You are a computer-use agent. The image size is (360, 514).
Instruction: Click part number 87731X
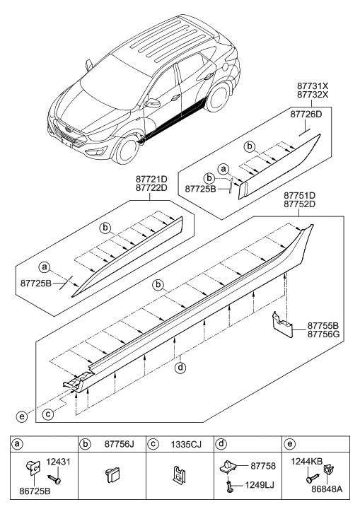(x=313, y=86)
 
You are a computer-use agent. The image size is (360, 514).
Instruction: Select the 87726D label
(x=306, y=115)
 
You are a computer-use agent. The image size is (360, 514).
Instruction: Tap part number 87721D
(x=151, y=180)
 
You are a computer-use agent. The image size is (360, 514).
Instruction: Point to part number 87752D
(x=299, y=204)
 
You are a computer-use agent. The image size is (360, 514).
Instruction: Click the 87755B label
(x=323, y=326)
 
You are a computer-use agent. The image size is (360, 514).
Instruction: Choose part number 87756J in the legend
(x=120, y=444)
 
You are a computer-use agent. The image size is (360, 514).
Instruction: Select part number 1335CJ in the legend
(x=186, y=444)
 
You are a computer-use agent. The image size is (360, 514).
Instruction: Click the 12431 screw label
(x=59, y=462)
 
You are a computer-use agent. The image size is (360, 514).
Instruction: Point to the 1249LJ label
(x=260, y=485)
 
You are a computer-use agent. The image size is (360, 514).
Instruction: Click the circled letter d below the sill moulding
(x=180, y=368)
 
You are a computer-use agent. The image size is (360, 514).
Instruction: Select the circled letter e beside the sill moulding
(x=21, y=417)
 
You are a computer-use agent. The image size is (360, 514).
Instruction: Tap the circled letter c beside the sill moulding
(x=48, y=415)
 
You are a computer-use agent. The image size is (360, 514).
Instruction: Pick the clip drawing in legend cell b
(x=112, y=474)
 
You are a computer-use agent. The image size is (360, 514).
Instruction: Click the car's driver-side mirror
(x=153, y=104)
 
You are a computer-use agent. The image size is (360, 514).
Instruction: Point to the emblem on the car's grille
(x=68, y=129)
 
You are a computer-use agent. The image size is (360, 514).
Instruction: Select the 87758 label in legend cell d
(x=263, y=466)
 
